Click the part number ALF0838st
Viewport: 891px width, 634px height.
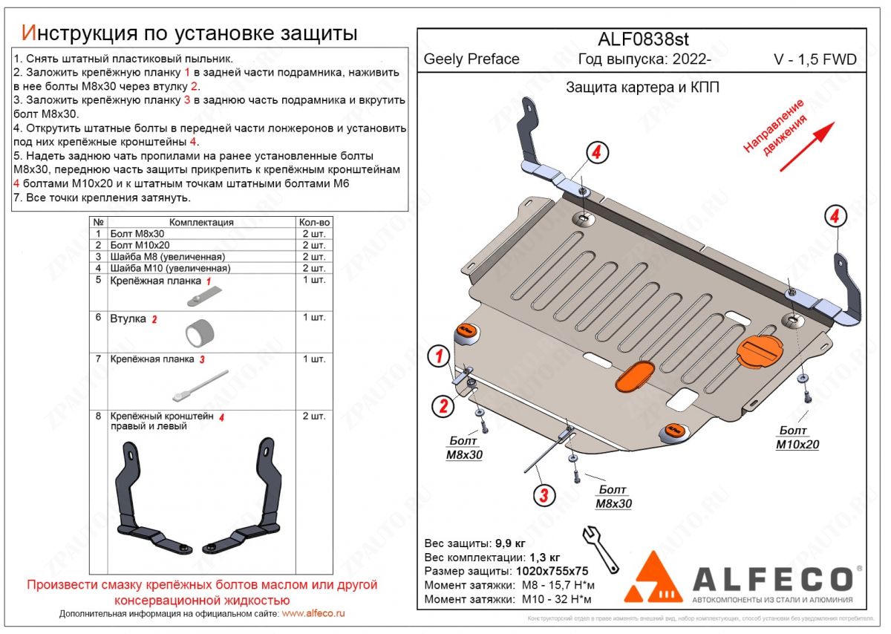(x=643, y=40)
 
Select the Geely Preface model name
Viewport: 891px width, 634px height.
(x=471, y=59)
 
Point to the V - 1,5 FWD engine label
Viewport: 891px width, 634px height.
(x=815, y=59)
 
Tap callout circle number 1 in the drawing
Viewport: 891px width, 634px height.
(x=440, y=357)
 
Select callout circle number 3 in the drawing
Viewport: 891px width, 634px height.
(x=544, y=495)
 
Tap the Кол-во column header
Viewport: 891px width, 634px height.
(x=314, y=222)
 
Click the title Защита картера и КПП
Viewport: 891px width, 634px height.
(x=642, y=88)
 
